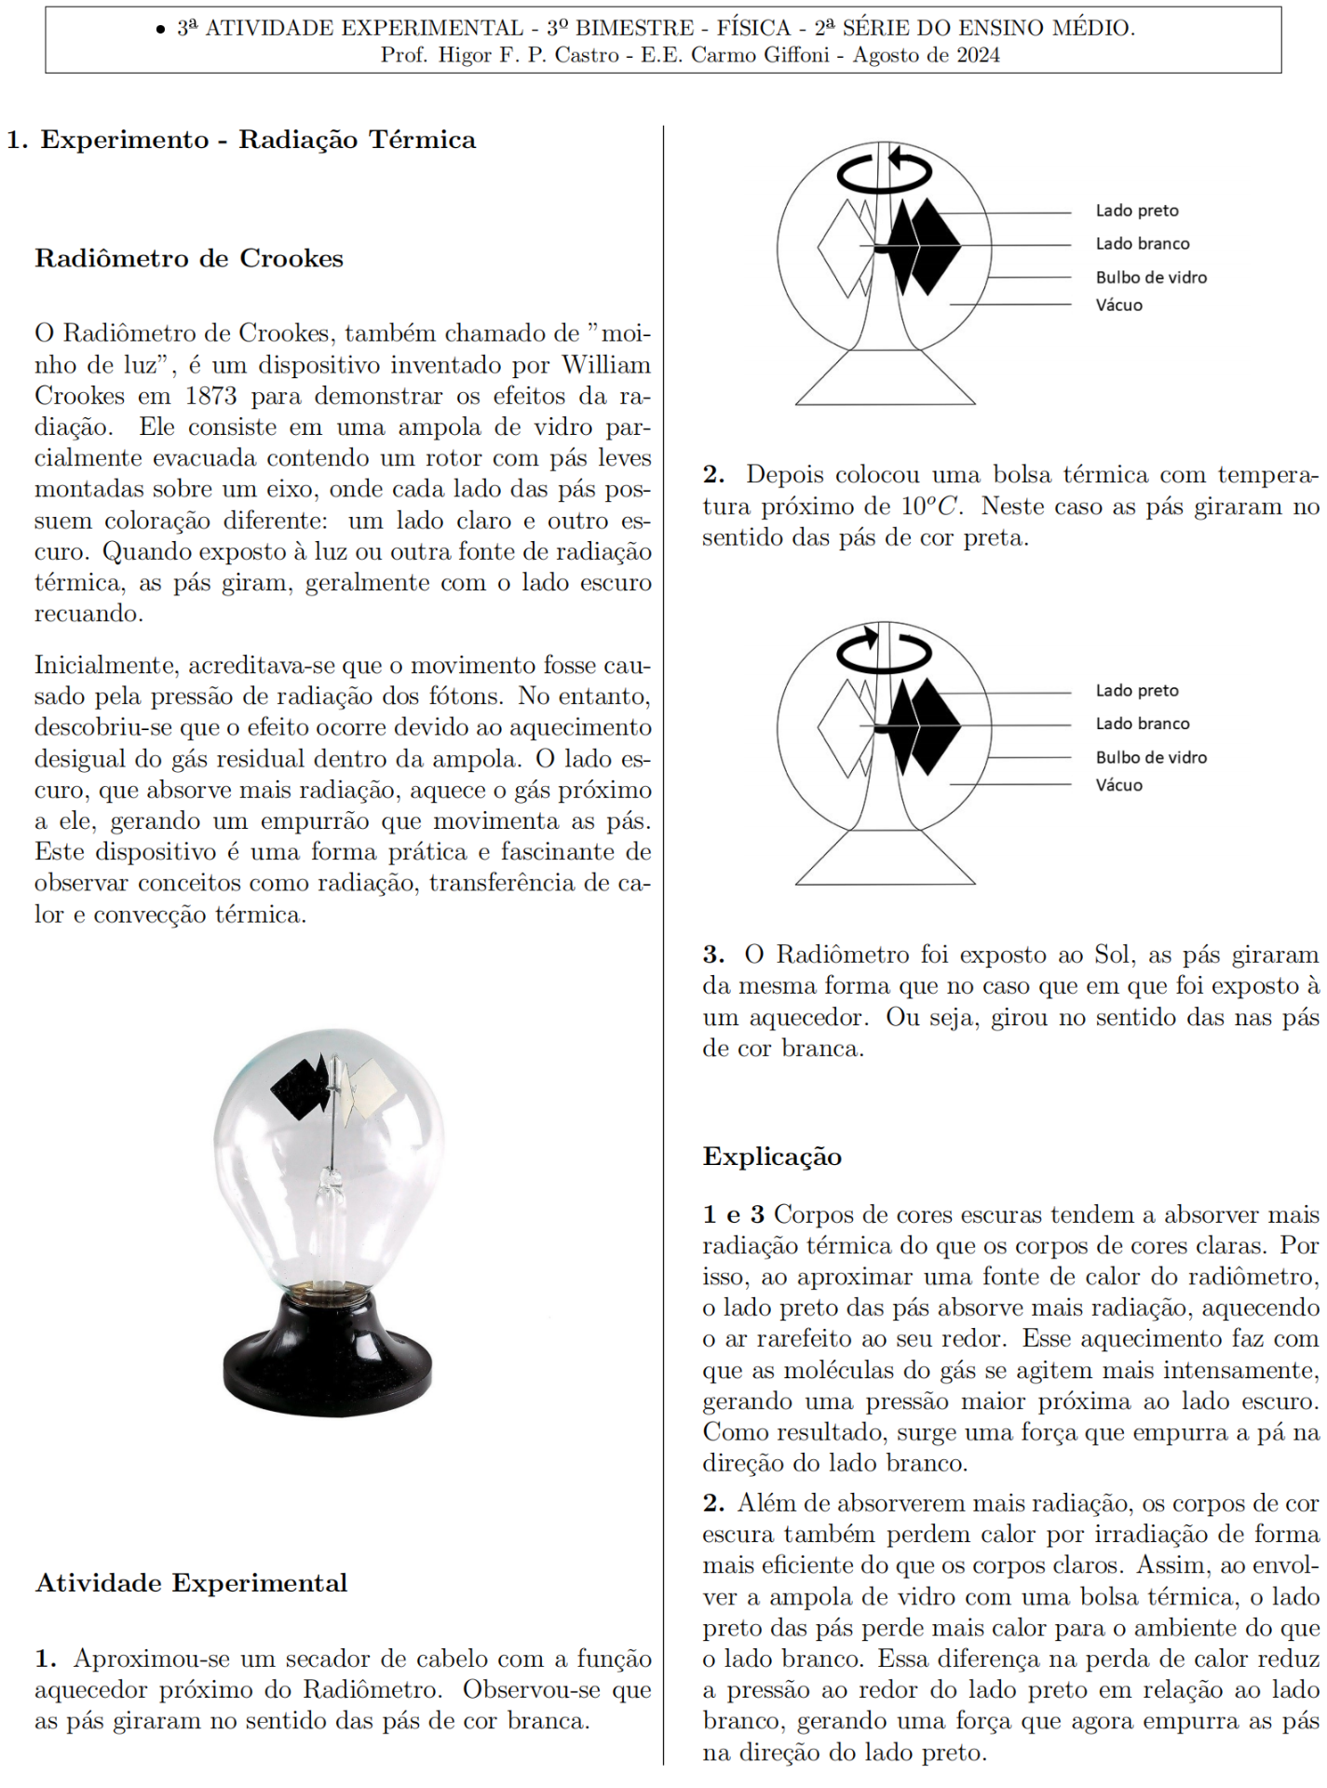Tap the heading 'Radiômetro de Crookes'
189,258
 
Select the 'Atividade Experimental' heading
191,1583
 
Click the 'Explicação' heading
772,1157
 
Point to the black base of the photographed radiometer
328,1360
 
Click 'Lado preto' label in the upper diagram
1137,210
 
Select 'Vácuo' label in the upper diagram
1118,305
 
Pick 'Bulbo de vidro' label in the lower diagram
1151,757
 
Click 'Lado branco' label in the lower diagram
1143,724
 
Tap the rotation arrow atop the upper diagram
884,171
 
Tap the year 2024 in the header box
978,55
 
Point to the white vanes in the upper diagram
846,248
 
